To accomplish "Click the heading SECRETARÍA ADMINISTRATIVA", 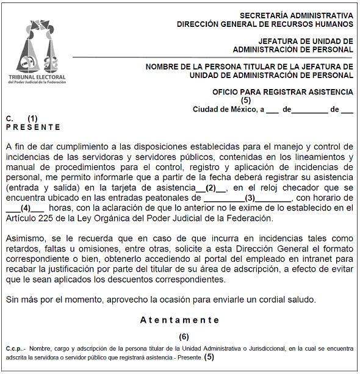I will point(296,15).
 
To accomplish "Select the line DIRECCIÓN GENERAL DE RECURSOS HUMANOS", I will point(264,24).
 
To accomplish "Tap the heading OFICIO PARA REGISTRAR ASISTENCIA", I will point(283,92).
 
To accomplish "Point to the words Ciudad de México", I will point(223,109).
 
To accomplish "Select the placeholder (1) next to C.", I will point(32,118).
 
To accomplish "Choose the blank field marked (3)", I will point(249,198).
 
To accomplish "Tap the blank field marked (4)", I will point(26,208).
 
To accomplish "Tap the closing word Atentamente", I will point(179,320).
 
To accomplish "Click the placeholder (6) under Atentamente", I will point(184,337).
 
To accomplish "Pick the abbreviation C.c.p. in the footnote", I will point(15,348).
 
